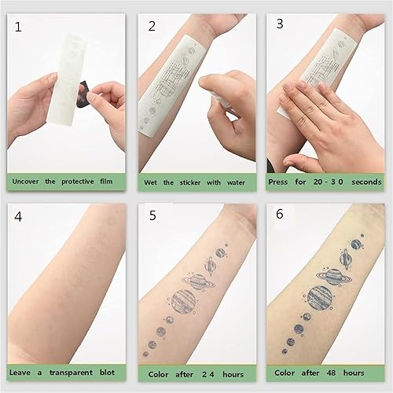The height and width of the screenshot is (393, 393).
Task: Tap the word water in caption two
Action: click(x=237, y=183)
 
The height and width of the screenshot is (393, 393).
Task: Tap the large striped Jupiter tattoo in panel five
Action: click(x=183, y=303)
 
